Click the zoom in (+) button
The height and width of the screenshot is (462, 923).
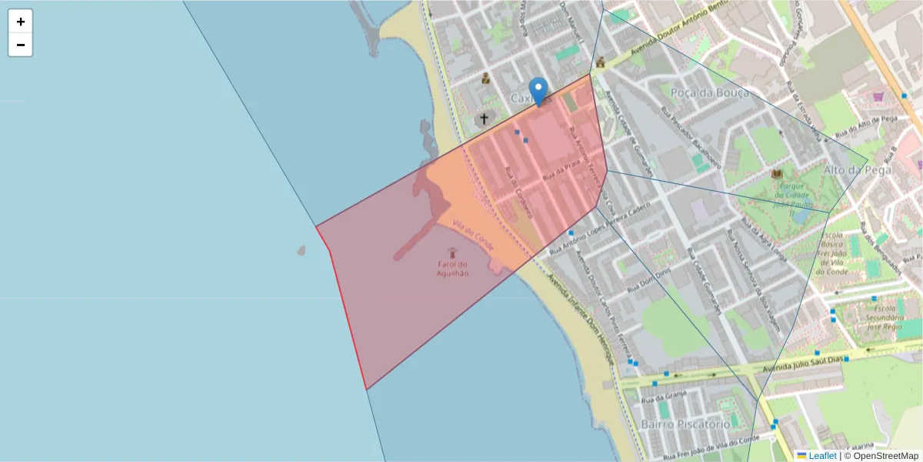pyautogui.click(x=21, y=22)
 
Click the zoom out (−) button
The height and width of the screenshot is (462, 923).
pyautogui.click(x=21, y=45)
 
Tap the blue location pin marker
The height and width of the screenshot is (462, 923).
pyautogui.click(x=538, y=91)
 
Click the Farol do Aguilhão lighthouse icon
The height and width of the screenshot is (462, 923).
pyautogui.click(x=452, y=253)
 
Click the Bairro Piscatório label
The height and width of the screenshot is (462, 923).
pyautogui.click(x=685, y=424)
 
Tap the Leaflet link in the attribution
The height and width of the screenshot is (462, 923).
pyautogui.click(x=822, y=456)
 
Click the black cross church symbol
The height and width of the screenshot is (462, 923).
pyautogui.click(x=484, y=119)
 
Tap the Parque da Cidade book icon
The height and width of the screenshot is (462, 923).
pyautogui.click(x=777, y=173)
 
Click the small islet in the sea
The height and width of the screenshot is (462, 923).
pyautogui.click(x=301, y=250)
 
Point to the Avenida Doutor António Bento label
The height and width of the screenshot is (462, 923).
pyautogui.click(x=677, y=37)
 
